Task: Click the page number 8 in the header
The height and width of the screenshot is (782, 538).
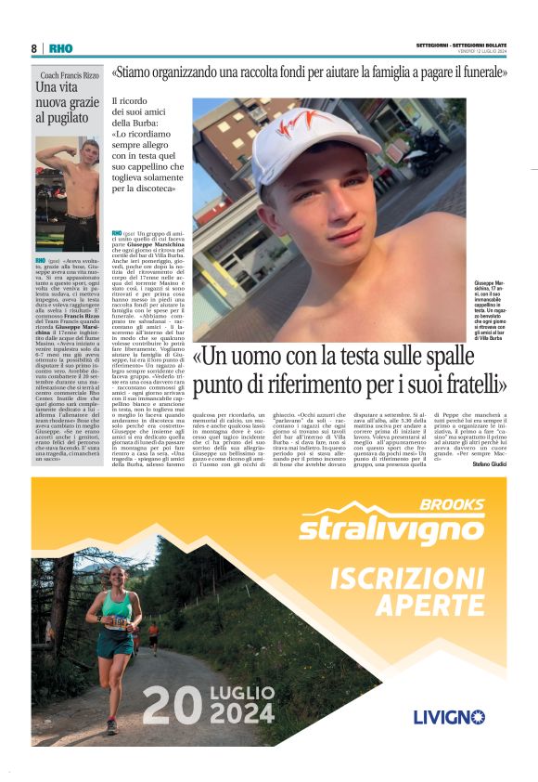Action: pos(34,48)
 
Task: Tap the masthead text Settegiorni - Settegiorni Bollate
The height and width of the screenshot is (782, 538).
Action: pos(461,45)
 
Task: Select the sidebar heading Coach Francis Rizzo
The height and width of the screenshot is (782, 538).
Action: pos(67,75)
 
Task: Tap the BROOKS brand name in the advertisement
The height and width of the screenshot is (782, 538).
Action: pos(451,505)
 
